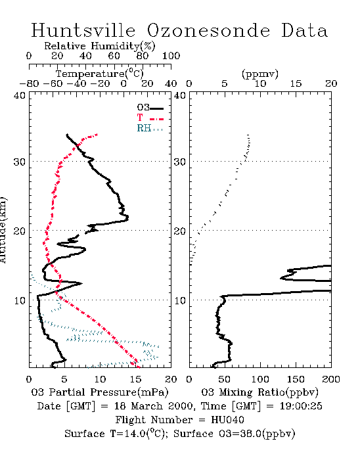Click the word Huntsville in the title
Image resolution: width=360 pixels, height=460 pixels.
click(x=83, y=30)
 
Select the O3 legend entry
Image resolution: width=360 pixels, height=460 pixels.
click(x=150, y=108)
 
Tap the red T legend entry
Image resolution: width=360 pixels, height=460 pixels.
click(x=150, y=118)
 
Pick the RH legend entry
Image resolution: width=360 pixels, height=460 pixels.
click(x=150, y=128)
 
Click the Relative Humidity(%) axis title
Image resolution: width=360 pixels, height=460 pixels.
click(x=100, y=46)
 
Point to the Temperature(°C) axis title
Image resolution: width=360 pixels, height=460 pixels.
click(x=100, y=74)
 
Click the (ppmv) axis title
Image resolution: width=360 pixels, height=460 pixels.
click(x=260, y=74)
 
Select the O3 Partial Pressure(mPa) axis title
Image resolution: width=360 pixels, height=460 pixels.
click(x=100, y=392)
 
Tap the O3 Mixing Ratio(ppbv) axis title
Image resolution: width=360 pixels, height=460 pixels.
click(x=259, y=392)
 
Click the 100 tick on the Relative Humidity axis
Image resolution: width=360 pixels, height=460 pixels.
click(x=171, y=56)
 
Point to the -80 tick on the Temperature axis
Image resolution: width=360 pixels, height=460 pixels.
click(x=29, y=83)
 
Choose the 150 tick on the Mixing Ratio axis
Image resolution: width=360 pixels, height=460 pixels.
click(x=296, y=379)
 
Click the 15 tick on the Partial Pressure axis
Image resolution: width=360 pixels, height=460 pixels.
click(x=135, y=379)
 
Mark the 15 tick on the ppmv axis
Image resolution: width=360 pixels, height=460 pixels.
click(x=296, y=83)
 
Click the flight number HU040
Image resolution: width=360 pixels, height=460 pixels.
click(x=227, y=420)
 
